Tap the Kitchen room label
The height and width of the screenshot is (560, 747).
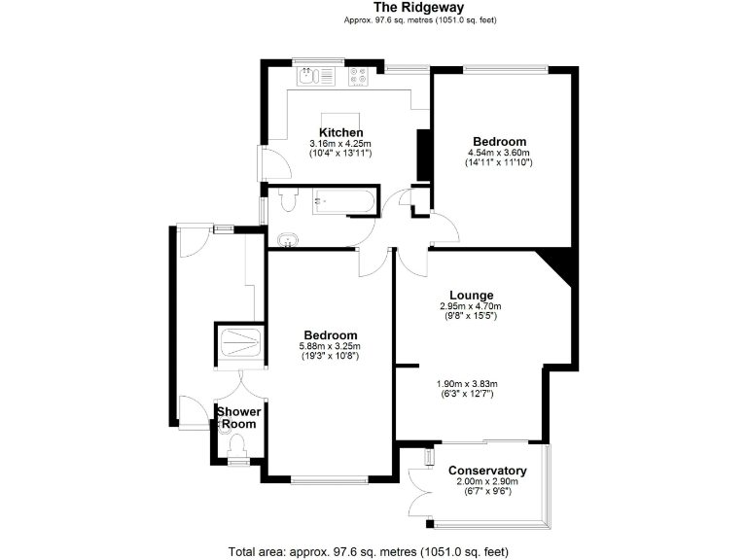[x=341, y=132]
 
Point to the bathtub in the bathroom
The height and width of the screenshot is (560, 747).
[x=341, y=203]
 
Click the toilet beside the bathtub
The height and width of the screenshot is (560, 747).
[x=286, y=201]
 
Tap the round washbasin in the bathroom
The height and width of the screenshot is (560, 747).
[x=285, y=239]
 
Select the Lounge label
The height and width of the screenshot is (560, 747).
[x=471, y=296]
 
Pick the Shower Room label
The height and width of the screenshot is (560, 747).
[x=238, y=418]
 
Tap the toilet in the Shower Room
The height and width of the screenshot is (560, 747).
[x=236, y=444]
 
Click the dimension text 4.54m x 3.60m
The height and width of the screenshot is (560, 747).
[x=499, y=153]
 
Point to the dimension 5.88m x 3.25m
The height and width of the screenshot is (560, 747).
[x=330, y=346]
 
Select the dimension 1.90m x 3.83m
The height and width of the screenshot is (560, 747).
[x=470, y=383]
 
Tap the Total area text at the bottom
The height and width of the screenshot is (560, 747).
[x=369, y=552]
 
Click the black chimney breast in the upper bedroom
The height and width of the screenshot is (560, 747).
[x=423, y=150]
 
